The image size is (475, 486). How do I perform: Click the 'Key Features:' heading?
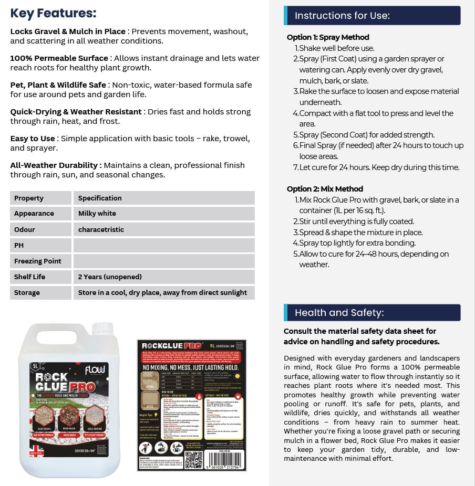(53, 13)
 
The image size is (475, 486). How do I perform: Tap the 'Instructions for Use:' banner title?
(342, 16)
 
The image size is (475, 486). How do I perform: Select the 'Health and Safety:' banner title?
(339, 313)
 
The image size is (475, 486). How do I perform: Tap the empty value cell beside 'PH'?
(163, 245)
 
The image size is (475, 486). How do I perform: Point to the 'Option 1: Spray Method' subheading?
(328, 37)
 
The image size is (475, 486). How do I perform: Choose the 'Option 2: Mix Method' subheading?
(325, 189)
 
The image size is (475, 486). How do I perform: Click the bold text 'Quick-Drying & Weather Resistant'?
(76, 112)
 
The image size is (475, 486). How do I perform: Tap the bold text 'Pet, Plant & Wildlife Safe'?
(58, 85)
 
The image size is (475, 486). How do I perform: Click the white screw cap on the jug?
(102, 329)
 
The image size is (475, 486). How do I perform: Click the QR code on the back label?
(193, 460)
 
